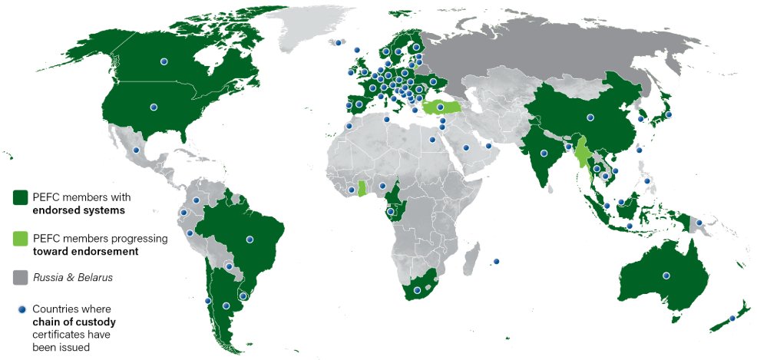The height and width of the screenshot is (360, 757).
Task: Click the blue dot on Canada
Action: (x=164, y=61)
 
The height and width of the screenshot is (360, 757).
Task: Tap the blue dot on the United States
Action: (x=154, y=107)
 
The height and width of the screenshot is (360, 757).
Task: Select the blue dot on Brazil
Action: (x=249, y=239)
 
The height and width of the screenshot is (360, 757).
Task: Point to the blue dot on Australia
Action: (x=666, y=276)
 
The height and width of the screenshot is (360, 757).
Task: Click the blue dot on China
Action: (x=590, y=117)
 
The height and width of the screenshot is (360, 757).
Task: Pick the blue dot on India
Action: (x=544, y=153)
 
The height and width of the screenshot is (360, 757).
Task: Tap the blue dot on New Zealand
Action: (x=732, y=318)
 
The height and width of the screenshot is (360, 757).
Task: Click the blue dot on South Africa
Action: (x=417, y=290)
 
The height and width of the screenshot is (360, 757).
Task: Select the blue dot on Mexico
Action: (x=136, y=150)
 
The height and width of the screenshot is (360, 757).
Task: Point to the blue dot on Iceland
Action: (x=337, y=43)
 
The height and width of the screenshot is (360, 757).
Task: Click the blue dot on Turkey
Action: (x=440, y=107)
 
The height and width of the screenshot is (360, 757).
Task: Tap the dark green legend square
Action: (x=21, y=198)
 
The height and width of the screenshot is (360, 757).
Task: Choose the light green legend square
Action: (x=21, y=239)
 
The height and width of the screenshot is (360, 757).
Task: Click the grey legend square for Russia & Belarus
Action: (x=21, y=276)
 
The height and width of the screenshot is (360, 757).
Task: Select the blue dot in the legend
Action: (x=21, y=309)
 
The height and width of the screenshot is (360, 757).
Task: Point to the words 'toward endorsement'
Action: (x=85, y=250)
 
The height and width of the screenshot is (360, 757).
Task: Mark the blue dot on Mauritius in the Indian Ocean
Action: (x=496, y=262)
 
